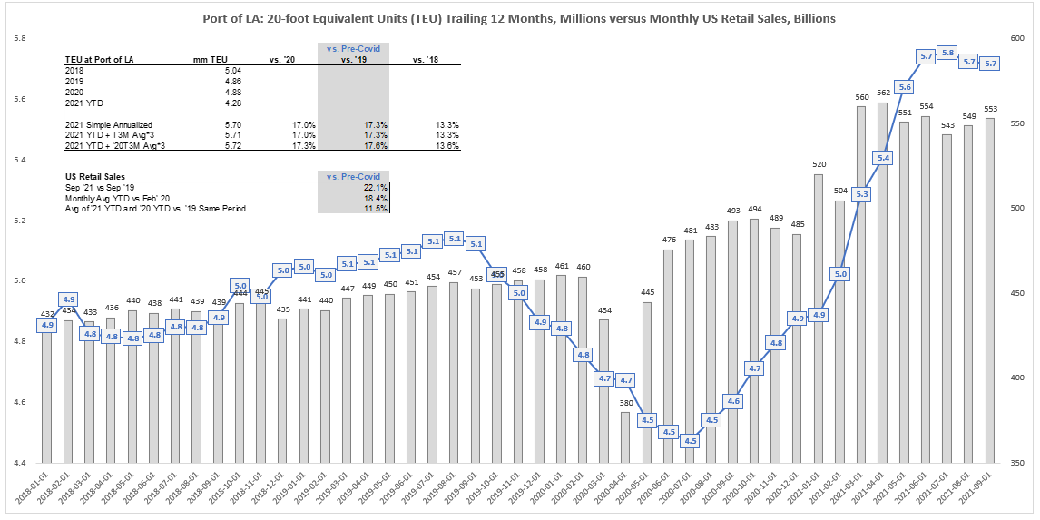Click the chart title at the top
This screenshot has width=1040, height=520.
(x=520, y=17)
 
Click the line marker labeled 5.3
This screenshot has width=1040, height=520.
(x=862, y=194)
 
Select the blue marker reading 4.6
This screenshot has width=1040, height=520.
(x=733, y=400)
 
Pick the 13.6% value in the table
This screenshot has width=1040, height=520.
(x=446, y=145)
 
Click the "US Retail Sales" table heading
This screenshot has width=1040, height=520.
(x=95, y=177)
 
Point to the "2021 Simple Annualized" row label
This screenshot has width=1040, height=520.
(x=110, y=124)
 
